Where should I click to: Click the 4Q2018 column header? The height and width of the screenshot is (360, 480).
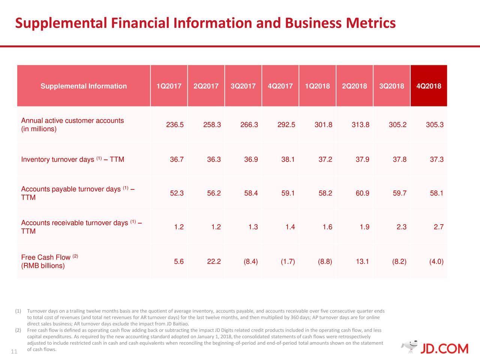429,86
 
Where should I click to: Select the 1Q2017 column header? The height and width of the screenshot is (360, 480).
169,86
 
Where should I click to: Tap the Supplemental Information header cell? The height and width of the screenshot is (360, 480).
84,86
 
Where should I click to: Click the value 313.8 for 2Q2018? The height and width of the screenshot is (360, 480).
360,125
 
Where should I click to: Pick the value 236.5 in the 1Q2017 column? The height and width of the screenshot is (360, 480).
175,125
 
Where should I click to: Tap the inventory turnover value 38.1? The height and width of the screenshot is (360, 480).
288,159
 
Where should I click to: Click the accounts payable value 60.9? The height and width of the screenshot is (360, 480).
362,193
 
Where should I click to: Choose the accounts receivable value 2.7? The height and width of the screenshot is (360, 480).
438,227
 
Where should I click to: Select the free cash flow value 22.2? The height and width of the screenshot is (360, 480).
214,261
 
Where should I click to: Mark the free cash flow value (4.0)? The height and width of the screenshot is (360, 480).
436,261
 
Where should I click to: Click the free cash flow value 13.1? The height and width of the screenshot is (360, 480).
362,261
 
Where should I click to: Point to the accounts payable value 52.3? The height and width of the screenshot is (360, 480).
177,193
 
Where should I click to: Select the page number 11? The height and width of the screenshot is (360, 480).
14,351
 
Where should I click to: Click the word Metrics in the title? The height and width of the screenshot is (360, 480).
370,23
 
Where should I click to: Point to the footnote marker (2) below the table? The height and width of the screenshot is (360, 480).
18,330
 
